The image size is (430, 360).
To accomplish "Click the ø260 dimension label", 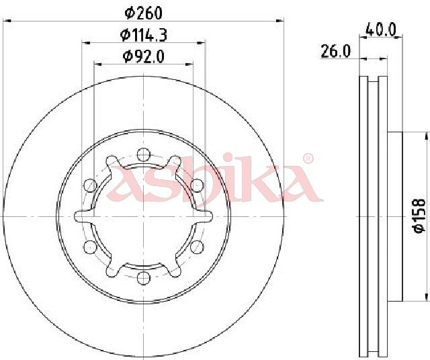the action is pyautogui.click(x=143, y=13).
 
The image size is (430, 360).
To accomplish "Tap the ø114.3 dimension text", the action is pyautogui.click(x=144, y=35).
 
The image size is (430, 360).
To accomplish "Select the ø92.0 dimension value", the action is pyautogui.click(x=144, y=56).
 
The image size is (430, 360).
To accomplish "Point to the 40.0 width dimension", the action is pyautogui.click(x=381, y=30).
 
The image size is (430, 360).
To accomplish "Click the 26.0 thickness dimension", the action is pyautogui.click(x=335, y=51).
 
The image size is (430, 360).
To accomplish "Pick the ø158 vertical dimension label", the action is pyautogui.click(x=419, y=216).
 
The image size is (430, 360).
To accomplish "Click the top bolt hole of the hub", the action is pyautogui.click(x=143, y=154).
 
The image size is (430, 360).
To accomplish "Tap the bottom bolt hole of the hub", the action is pyautogui.click(x=143, y=278).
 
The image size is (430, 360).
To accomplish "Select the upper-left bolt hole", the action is pyautogui.click(x=90, y=185).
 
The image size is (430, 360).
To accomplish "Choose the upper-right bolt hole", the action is pyautogui.click(x=197, y=185).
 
